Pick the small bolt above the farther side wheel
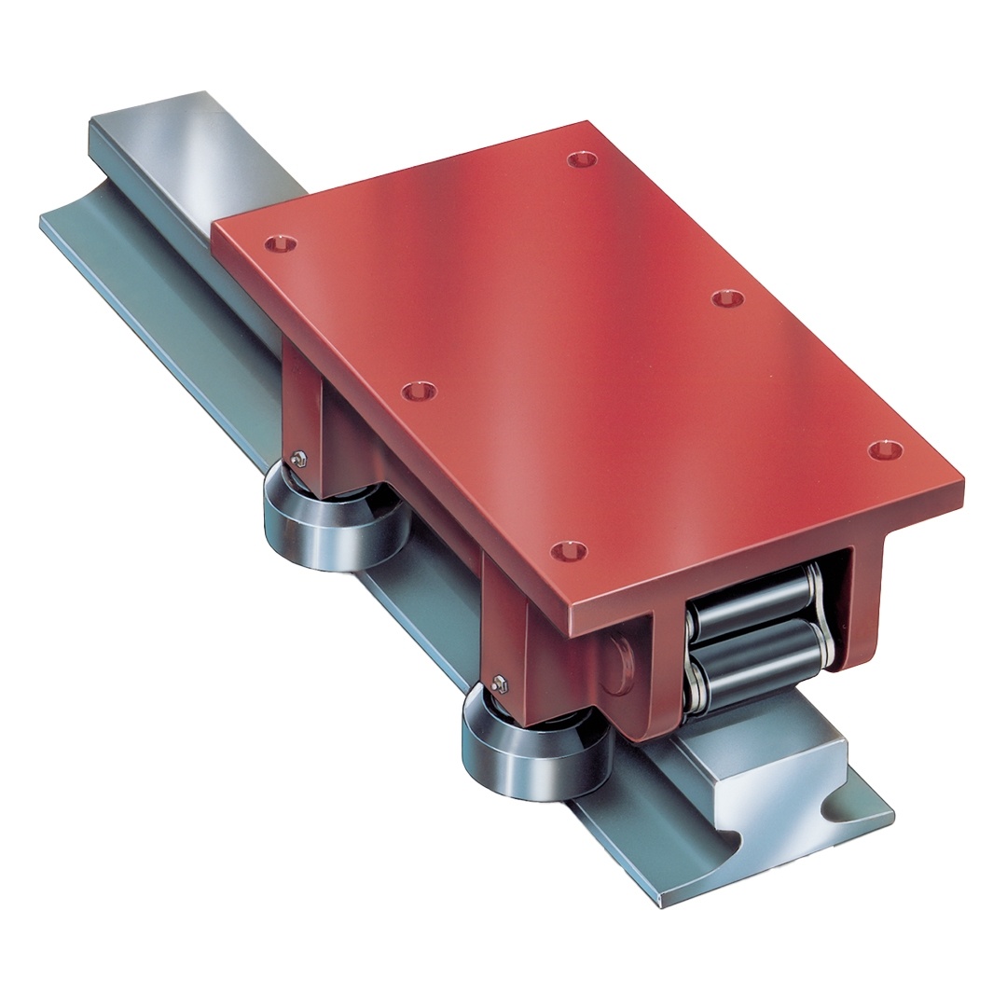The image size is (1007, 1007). click(x=297, y=459)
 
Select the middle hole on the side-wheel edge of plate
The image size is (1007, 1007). click(x=419, y=392)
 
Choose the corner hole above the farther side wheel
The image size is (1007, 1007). click(x=280, y=244)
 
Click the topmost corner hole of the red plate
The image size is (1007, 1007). click(x=582, y=159)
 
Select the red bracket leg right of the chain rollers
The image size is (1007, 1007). click(x=862, y=606)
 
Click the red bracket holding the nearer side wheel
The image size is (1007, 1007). click(x=508, y=643)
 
